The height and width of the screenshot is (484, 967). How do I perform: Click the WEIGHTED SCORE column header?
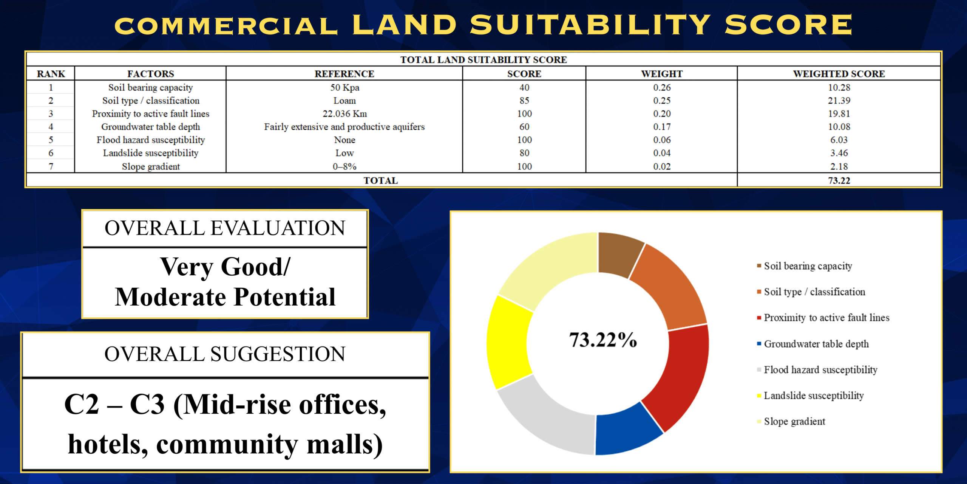[x=839, y=74]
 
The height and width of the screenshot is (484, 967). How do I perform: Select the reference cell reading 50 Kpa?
[x=344, y=88]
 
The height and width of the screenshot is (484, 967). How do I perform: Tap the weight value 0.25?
[x=662, y=101]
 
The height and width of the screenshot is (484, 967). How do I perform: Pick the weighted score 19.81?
[x=839, y=114]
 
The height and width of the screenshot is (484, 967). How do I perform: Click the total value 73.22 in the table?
[x=839, y=180]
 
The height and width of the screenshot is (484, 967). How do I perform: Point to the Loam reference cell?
[x=344, y=101]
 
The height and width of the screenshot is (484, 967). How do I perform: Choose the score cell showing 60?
[x=524, y=127]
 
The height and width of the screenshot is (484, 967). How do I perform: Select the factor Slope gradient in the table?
[x=151, y=166]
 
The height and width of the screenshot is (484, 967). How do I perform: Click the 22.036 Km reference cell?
[x=344, y=114]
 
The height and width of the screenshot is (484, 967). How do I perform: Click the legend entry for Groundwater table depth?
[x=816, y=344]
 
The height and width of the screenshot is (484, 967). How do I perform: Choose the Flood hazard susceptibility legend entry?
[x=820, y=370]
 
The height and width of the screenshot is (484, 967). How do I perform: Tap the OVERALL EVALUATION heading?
[x=225, y=228]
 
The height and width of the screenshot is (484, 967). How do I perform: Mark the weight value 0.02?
[x=662, y=166]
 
